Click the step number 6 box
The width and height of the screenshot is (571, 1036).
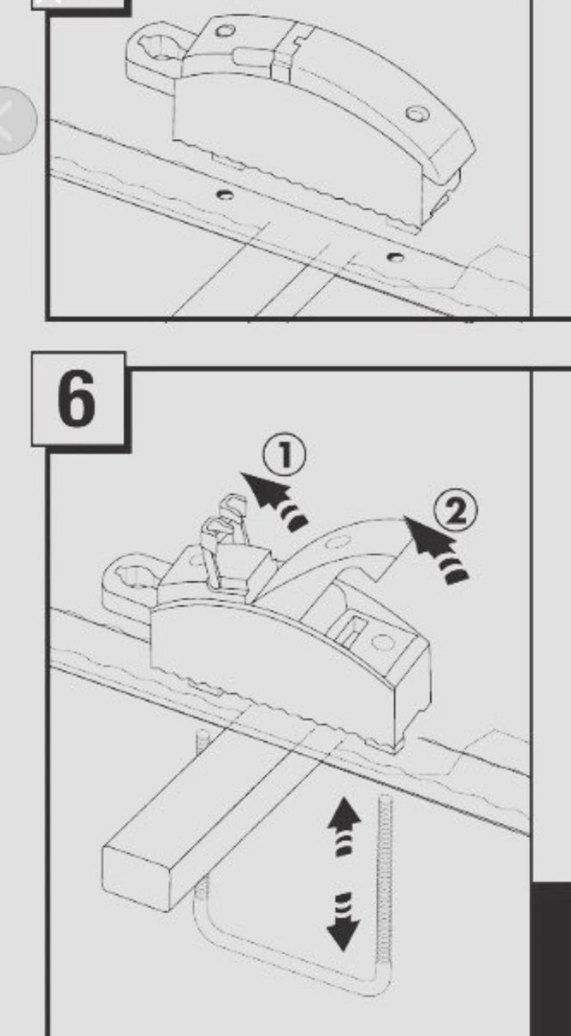click(79, 400)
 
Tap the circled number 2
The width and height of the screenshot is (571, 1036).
click(455, 513)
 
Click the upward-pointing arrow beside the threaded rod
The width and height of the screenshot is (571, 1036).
click(344, 826)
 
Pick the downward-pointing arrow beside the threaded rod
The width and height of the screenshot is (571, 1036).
click(343, 922)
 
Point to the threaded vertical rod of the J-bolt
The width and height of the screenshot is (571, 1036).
click(384, 885)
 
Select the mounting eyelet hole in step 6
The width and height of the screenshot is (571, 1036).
click(135, 577)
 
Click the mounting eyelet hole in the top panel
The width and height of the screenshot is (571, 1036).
click(161, 45)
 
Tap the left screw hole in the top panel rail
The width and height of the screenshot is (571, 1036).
click(225, 194)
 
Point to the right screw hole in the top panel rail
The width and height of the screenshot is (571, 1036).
click(396, 257)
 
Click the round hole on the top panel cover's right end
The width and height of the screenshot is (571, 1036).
click(417, 113)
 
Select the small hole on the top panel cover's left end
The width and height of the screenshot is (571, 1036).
click(226, 30)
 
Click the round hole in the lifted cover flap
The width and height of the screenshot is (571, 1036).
click(338, 542)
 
